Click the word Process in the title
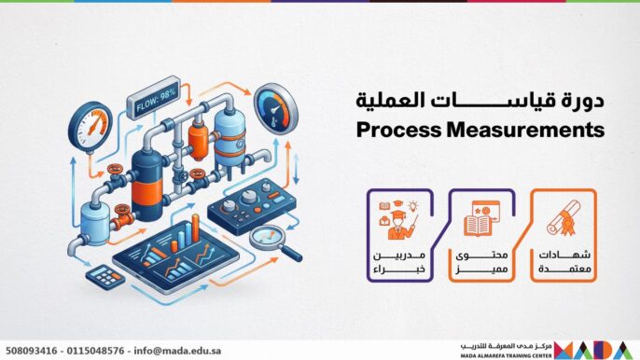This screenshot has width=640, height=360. click(400, 132)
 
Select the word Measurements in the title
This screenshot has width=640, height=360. click(528, 132)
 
